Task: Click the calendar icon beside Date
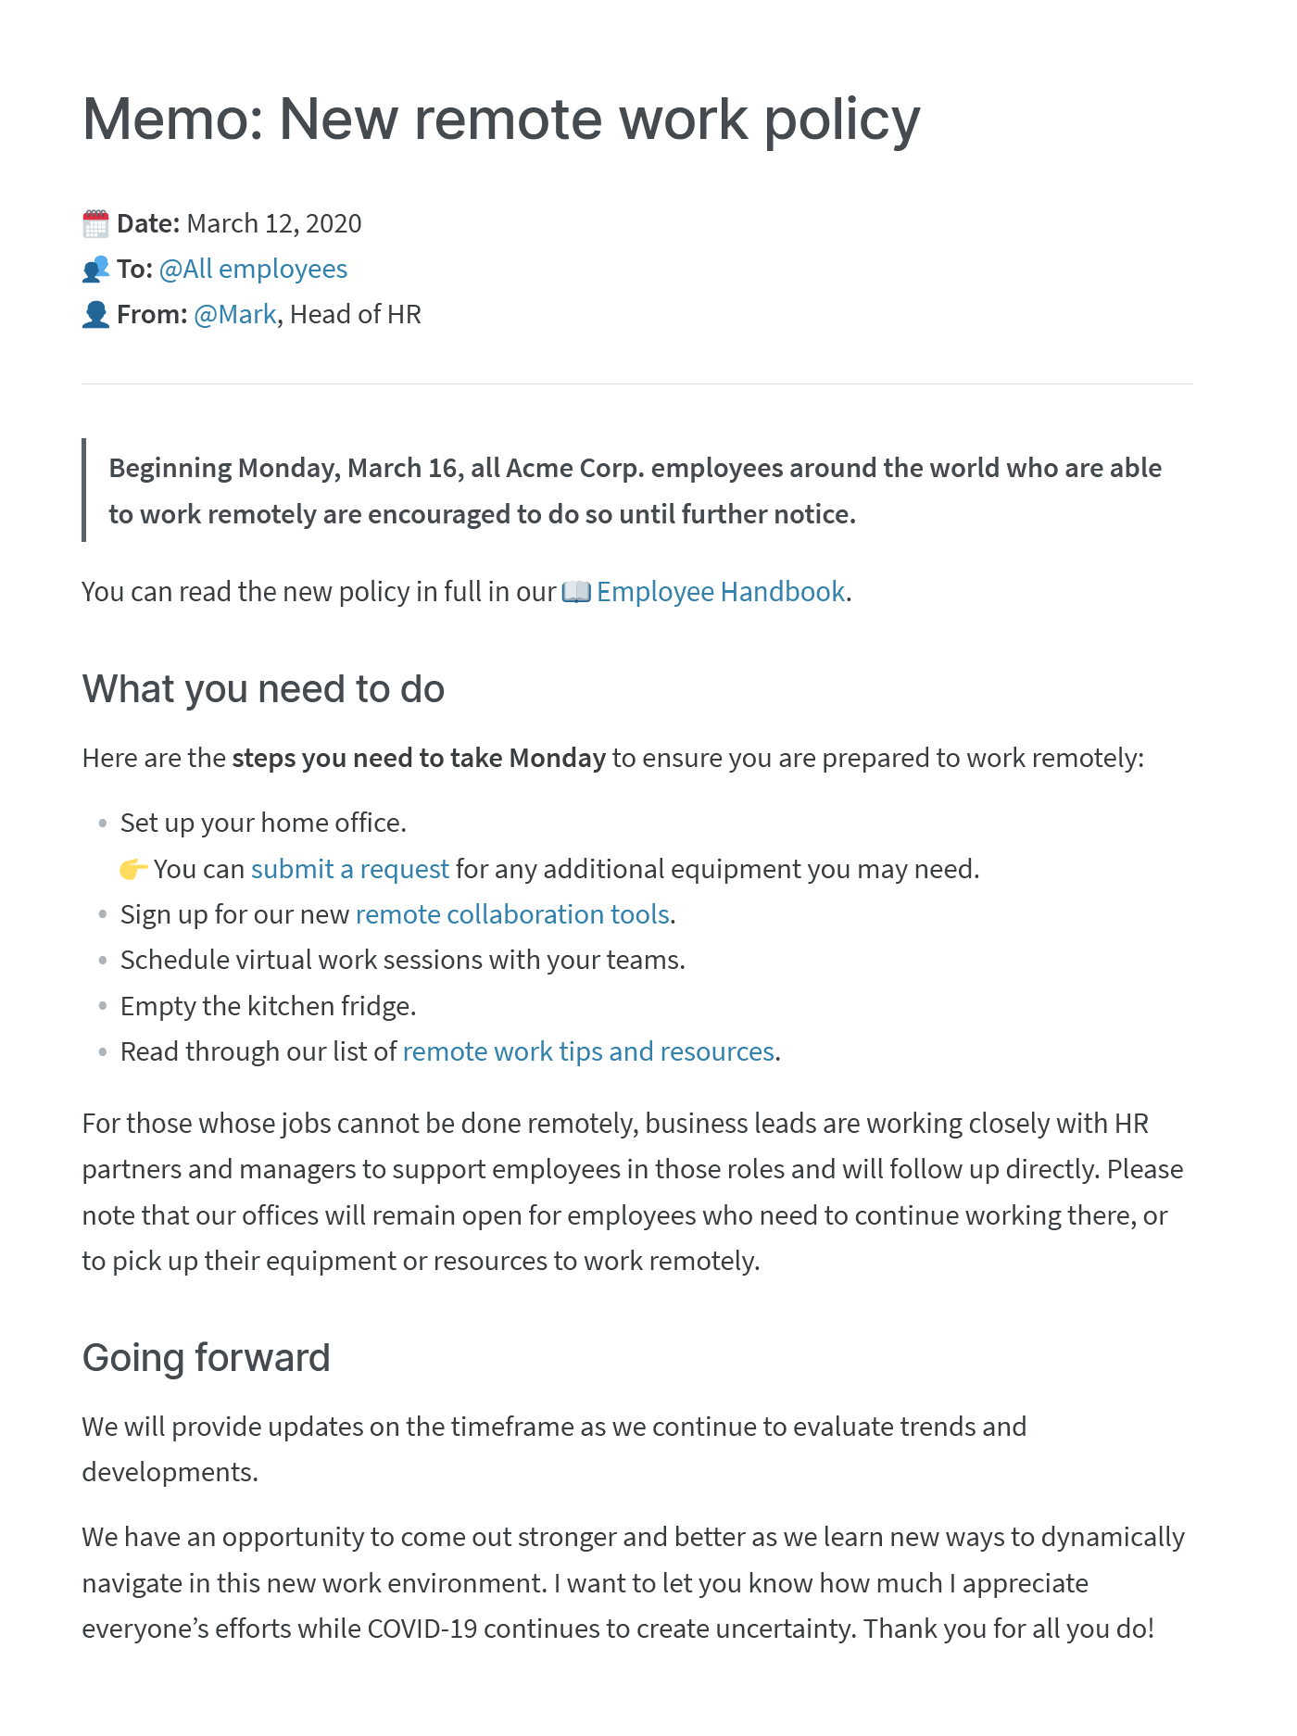95,224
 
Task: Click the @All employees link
253,270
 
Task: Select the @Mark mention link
235,315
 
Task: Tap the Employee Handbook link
721,592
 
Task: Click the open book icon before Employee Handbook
576,592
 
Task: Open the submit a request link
349,869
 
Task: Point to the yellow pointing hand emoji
133,870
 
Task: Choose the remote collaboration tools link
512,915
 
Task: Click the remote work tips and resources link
588,1052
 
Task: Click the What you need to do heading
263,689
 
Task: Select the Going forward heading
206,1358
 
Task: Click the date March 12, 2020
274,224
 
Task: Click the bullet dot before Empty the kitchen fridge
103,1006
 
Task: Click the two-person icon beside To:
95,270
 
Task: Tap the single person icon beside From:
95,315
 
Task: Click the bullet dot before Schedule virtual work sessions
103,961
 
